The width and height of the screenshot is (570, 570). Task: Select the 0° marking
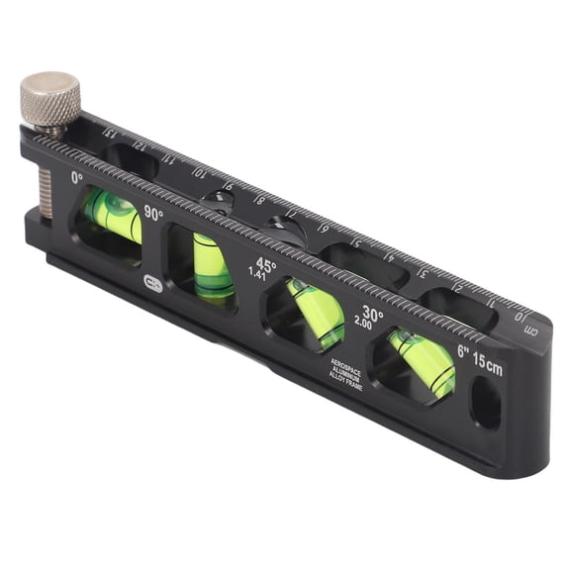[x=77, y=179]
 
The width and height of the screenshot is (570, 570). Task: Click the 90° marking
[x=153, y=213]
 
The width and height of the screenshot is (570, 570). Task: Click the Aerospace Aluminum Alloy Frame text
[x=346, y=373]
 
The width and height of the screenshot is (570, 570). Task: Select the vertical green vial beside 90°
[x=213, y=265]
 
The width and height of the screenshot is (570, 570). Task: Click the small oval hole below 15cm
[x=486, y=403]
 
